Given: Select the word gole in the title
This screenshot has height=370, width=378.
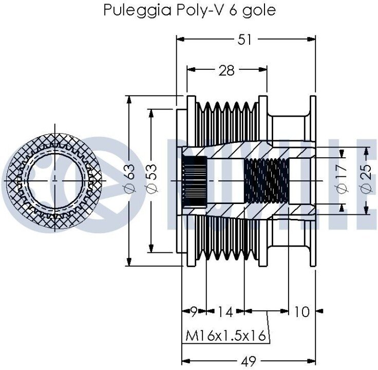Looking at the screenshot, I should [x=260, y=11].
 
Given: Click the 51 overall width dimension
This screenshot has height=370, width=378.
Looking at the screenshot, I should [x=245, y=40].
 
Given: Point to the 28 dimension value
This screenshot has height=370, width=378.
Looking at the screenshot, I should [x=226, y=70].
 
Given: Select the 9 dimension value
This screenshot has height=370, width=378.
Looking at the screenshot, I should [x=194, y=311].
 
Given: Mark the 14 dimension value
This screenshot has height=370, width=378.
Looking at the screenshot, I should [x=225, y=311].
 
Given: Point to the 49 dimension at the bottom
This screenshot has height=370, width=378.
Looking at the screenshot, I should [x=249, y=361].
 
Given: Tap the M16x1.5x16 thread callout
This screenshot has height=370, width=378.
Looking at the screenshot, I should [x=226, y=336].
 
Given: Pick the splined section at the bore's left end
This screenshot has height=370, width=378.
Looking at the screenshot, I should [x=195, y=181].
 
